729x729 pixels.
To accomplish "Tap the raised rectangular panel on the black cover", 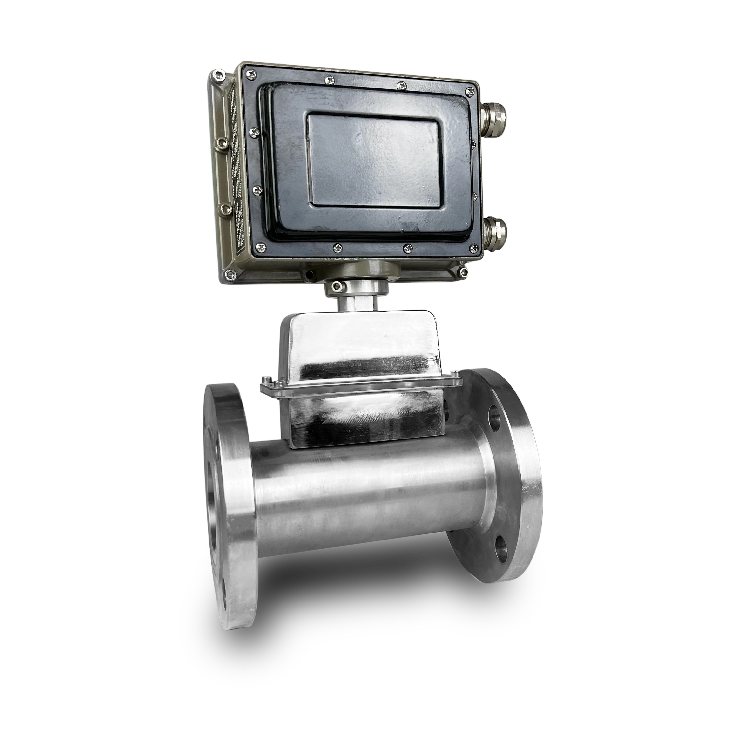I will [x=374, y=160].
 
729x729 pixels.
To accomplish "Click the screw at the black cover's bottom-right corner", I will [x=472, y=248].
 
